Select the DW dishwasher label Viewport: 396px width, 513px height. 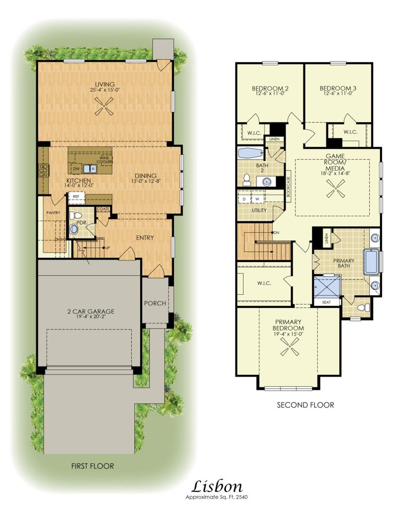pyautogui.click(x=76, y=169)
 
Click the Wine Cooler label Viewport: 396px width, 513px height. pyautogui.click(x=105, y=160)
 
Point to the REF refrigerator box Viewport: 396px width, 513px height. pyautogui.click(x=76, y=197)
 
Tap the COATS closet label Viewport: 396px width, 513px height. pyautogui.click(x=103, y=209)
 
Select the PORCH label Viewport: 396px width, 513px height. pyautogui.click(x=155, y=303)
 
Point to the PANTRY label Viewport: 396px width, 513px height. pyautogui.click(x=53, y=213)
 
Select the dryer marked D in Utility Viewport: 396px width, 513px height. pyautogui.click(x=244, y=199)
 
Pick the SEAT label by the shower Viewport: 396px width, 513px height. pyautogui.click(x=326, y=302)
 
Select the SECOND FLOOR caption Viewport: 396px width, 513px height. pyautogui.click(x=305, y=405)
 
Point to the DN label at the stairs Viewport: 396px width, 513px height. pyautogui.click(x=276, y=233)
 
